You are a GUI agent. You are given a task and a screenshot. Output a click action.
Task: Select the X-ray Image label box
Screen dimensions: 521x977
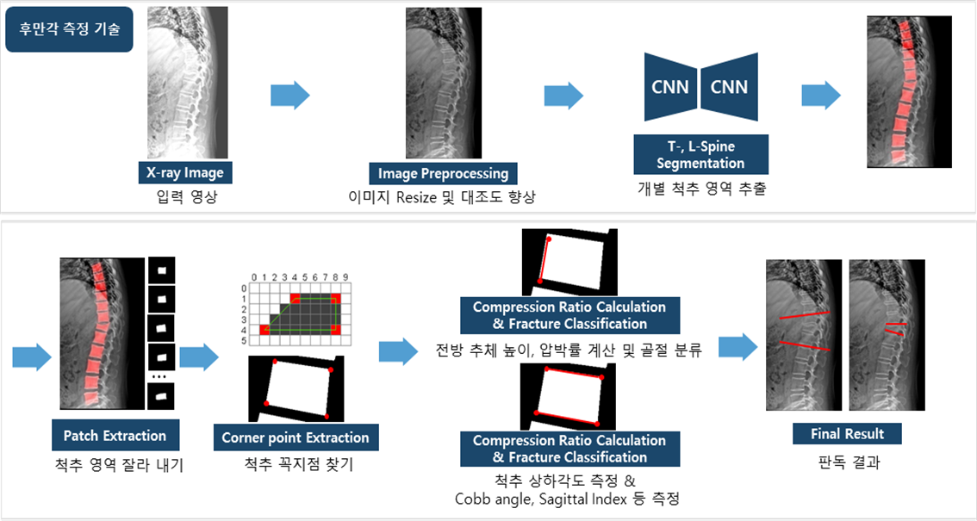pyautogui.click(x=184, y=172)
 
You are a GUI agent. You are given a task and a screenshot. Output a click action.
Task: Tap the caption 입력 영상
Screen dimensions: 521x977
pyautogui.click(x=184, y=196)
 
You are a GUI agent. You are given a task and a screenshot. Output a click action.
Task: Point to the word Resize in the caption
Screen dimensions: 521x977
pyautogui.click(x=428, y=197)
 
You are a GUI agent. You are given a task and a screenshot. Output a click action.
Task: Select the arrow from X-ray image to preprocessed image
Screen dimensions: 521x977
pyautogui.click(x=289, y=96)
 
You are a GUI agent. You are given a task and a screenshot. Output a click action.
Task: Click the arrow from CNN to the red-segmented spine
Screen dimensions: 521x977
pyautogui.click(x=820, y=96)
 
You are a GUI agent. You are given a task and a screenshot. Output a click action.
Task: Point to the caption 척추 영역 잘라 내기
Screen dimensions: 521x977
pyautogui.click(x=115, y=467)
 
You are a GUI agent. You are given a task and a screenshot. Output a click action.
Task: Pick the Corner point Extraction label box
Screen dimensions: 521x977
pyautogui.click(x=295, y=437)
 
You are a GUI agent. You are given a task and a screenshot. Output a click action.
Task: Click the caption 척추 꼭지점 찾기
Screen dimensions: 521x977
pyautogui.click(x=295, y=466)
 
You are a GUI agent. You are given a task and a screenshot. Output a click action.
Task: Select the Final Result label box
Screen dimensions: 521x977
pyautogui.click(x=847, y=432)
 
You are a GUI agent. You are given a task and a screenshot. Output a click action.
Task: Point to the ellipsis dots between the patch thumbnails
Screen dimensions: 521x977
pyautogui.click(x=161, y=377)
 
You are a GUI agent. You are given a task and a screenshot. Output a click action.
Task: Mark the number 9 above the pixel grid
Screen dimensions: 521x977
pyautogui.click(x=345, y=278)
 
